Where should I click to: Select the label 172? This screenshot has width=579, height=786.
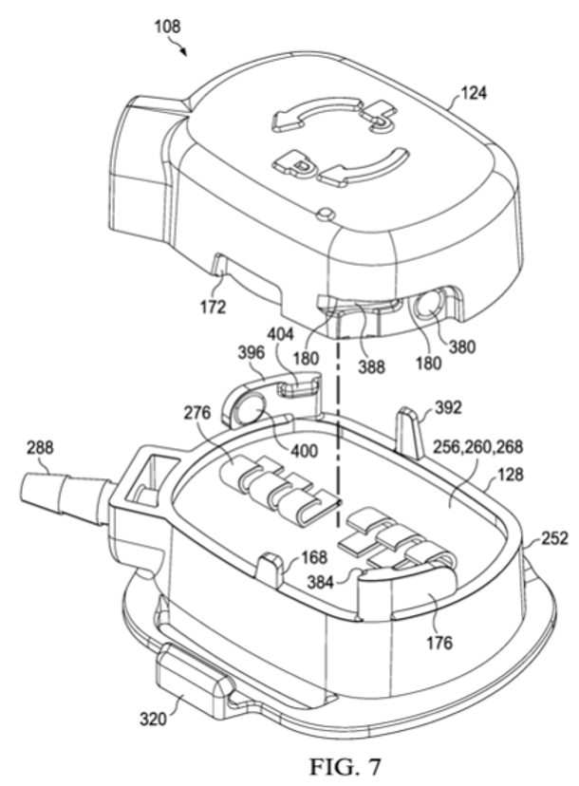point(214,307)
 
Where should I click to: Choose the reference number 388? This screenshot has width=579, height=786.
point(371,367)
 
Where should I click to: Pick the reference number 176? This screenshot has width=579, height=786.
point(439,643)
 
